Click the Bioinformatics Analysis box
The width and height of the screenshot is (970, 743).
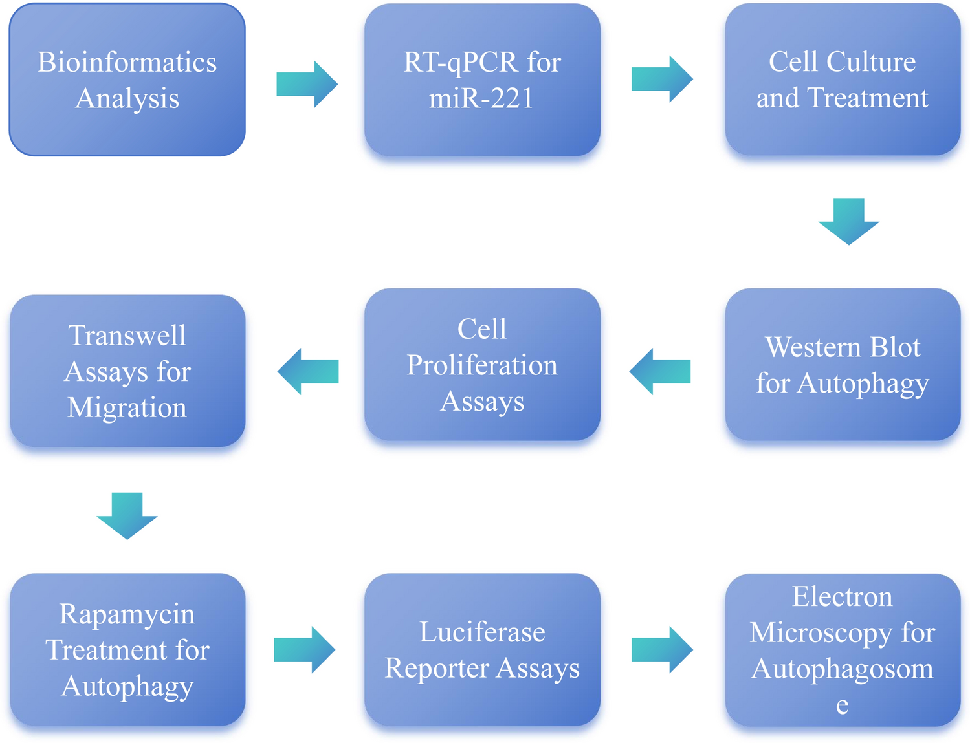(x=127, y=80)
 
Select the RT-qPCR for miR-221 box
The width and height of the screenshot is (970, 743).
(x=482, y=80)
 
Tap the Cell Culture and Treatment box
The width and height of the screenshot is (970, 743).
(x=843, y=80)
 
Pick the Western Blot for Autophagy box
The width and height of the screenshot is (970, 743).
(x=843, y=365)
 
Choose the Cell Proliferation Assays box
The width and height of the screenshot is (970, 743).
(x=482, y=365)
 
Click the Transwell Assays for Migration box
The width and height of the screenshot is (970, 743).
(x=127, y=371)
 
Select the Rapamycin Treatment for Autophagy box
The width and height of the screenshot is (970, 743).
(x=127, y=650)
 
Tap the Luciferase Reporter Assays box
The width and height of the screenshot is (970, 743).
(x=482, y=650)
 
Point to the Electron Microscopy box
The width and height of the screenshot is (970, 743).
(x=843, y=650)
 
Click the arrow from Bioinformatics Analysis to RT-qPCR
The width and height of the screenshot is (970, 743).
(x=307, y=84)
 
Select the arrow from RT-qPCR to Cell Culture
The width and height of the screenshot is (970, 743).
(x=662, y=79)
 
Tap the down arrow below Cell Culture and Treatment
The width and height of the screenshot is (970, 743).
(x=848, y=222)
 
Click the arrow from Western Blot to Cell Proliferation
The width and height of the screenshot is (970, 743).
(x=660, y=371)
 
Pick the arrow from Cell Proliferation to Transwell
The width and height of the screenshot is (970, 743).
(x=308, y=371)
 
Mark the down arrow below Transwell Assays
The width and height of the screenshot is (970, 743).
(x=127, y=516)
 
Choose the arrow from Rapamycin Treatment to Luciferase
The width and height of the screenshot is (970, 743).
(x=304, y=650)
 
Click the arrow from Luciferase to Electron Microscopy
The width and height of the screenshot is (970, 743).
(x=662, y=650)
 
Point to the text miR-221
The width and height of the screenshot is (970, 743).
(x=481, y=98)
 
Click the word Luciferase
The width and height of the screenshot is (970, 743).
(x=482, y=632)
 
